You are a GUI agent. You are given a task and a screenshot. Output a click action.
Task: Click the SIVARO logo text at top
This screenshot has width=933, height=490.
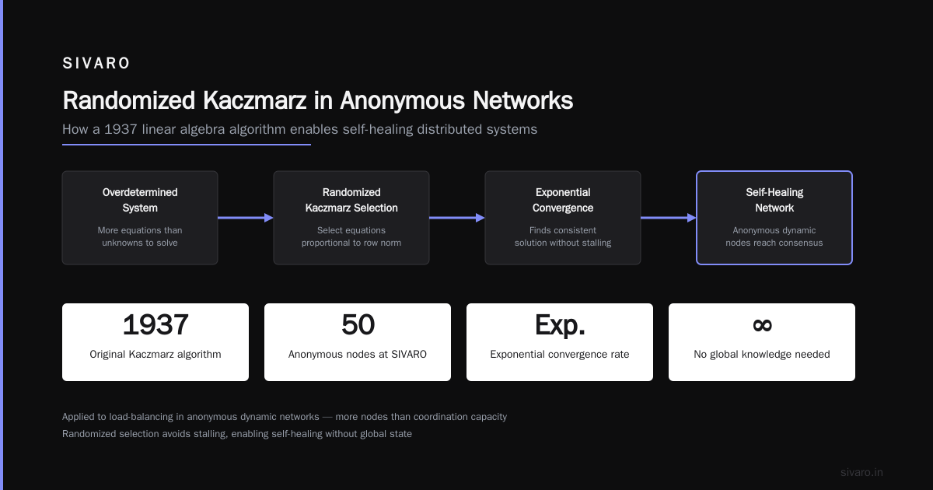pos(96,63)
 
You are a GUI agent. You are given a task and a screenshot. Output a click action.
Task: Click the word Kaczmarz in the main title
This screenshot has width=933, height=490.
pos(254,100)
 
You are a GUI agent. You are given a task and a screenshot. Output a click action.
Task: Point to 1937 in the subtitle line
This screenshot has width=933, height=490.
pos(121,129)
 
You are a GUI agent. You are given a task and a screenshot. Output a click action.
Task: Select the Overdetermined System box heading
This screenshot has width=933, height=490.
pos(140,200)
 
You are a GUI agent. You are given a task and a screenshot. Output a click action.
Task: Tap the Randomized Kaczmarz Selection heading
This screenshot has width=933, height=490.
pos(351,200)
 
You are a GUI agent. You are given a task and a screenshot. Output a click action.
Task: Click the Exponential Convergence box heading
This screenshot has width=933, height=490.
pos(563,200)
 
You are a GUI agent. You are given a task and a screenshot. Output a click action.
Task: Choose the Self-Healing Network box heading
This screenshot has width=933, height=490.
pos(774,200)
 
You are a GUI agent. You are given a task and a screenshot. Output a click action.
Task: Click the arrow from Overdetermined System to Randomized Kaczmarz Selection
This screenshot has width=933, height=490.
pos(246,218)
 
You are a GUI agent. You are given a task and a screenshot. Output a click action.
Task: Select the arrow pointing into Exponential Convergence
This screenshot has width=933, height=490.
pos(457,218)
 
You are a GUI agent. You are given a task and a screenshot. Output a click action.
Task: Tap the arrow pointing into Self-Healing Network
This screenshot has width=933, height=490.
pos(669,218)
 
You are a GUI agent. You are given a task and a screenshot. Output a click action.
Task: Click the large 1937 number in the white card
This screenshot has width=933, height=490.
pos(155,324)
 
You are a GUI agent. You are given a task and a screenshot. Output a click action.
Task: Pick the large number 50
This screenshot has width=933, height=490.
pos(358,324)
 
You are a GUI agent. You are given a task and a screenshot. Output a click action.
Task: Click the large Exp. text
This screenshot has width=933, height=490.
pos(560,325)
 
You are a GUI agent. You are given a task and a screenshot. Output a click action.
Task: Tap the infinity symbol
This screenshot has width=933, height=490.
pos(762,325)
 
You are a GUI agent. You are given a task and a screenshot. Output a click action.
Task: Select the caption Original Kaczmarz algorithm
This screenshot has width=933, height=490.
pos(155,354)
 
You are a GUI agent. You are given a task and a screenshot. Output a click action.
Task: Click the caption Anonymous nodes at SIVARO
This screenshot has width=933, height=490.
pos(358,354)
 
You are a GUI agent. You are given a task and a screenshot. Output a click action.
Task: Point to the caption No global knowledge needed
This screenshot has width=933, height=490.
pos(762,354)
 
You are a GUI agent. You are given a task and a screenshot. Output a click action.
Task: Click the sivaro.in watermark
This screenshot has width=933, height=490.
pos(861,472)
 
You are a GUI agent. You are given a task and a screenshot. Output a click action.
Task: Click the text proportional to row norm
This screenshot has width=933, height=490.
pos(351,243)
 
